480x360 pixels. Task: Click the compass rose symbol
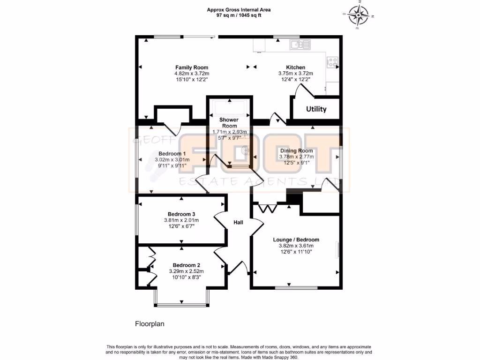click(x=360, y=15)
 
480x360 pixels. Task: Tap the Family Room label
click(x=192, y=67)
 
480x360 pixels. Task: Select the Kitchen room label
click(x=295, y=67)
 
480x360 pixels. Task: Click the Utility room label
click(x=316, y=109)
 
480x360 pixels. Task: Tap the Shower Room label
click(x=229, y=123)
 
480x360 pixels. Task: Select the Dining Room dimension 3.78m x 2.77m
click(x=296, y=157)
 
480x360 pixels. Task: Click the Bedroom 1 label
click(x=172, y=154)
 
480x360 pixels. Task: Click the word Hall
click(x=238, y=223)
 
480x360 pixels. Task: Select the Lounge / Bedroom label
click(x=296, y=240)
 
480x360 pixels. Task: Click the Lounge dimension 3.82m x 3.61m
click(x=296, y=246)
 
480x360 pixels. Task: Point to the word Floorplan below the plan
click(x=150, y=323)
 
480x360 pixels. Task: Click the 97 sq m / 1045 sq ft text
click(x=239, y=15)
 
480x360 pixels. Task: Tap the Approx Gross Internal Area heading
click(x=239, y=9)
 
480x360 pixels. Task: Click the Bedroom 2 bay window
click(x=181, y=305)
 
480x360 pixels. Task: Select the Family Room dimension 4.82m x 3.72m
click(x=192, y=74)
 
